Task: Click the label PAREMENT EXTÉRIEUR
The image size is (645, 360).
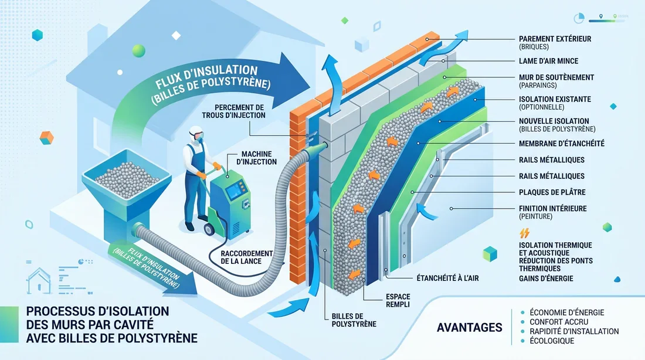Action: coord(555,39)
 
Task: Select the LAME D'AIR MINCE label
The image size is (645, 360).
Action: coord(548,61)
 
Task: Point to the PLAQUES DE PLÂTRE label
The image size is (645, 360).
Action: coord(552,192)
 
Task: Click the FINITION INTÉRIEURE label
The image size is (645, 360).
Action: coord(553,209)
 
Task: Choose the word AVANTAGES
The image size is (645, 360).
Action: coord(469,328)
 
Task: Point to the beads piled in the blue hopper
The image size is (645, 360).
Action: coord(127,177)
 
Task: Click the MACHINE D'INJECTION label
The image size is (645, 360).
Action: coord(256,158)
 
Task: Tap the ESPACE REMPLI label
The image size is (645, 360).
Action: coord(398,300)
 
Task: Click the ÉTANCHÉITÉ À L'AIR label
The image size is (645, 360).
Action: coord(447,279)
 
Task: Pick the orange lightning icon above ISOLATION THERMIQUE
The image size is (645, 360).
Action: coord(524,233)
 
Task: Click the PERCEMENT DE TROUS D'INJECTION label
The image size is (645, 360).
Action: coord(233,111)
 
